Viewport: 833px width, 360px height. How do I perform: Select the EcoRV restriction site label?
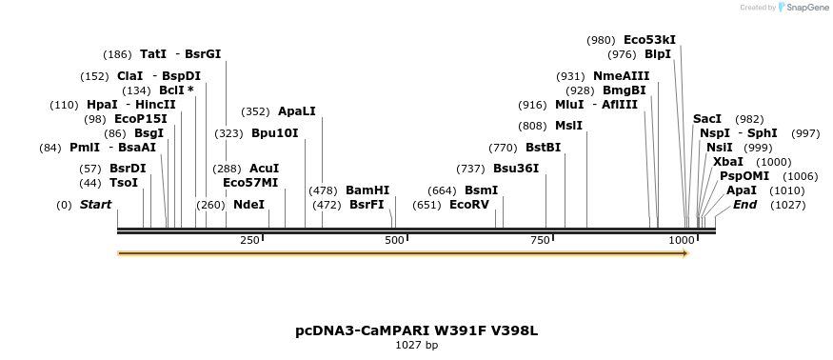click(468, 204)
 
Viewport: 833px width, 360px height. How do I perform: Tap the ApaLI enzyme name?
click(297, 111)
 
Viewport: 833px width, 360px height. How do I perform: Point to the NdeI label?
click(248, 204)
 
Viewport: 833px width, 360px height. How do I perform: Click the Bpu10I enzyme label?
click(275, 132)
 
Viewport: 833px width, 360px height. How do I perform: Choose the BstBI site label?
click(544, 148)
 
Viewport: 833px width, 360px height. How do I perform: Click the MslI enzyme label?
click(569, 125)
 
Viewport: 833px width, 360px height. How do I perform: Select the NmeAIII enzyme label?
click(622, 75)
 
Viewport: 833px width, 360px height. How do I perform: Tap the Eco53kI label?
click(649, 40)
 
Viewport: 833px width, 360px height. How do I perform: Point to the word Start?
click(95, 204)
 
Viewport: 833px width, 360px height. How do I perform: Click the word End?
click(744, 204)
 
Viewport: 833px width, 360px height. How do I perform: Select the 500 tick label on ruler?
click(395, 241)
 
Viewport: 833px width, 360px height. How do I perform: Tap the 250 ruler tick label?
click(250, 241)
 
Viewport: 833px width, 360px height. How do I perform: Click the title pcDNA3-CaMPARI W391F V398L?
click(416, 330)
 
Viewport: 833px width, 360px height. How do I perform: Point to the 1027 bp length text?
click(416, 345)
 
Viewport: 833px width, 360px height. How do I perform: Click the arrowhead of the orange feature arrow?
click(684, 253)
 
